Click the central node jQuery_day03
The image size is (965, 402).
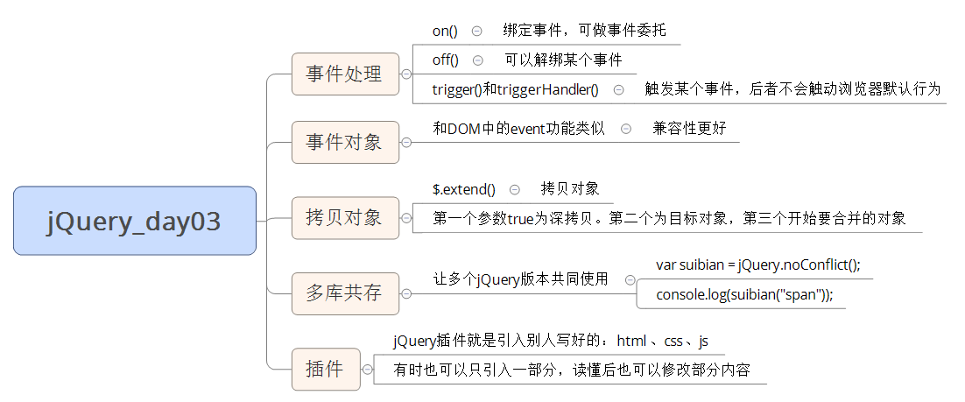pyautogui.click(x=135, y=221)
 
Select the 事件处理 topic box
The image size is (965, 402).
pyautogui.click(x=344, y=74)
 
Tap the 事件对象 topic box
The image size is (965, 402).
pyautogui.click(x=344, y=142)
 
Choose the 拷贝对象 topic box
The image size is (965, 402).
pyautogui.click(x=344, y=217)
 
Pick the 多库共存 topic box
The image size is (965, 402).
pyautogui.click(x=344, y=293)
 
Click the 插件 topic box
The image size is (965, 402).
pyautogui.click(x=325, y=369)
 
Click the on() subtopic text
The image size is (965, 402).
pyautogui.click(x=445, y=31)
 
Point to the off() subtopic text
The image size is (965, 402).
pyautogui.click(x=446, y=60)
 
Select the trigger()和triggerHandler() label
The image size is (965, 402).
pyautogui.click(x=516, y=89)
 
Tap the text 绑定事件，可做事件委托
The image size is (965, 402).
pyautogui.click(x=584, y=31)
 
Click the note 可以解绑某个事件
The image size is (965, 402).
pyautogui.click(x=563, y=60)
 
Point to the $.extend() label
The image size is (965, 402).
pyautogui.click(x=464, y=189)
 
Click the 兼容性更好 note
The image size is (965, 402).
pyautogui.click(x=689, y=128)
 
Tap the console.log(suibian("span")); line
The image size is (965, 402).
pyautogui.click(x=744, y=294)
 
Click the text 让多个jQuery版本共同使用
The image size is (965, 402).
pyautogui.click(x=521, y=279)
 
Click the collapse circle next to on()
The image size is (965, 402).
pyautogui.click(x=476, y=31)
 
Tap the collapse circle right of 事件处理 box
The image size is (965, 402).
pyautogui.click(x=406, y=74)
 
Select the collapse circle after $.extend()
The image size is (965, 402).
pyautogui.click(x=514, y=189)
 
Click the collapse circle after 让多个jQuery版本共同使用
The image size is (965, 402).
pyautogui.click(x=630, y=279)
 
